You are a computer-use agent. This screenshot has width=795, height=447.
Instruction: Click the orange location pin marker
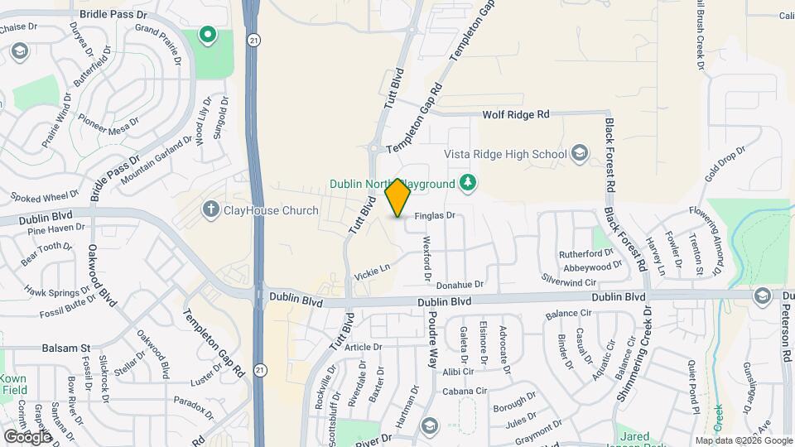398,198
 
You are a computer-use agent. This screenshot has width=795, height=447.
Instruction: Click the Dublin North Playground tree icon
468,183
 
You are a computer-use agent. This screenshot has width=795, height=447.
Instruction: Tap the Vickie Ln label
372,269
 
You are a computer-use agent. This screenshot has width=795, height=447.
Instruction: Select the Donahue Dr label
460,284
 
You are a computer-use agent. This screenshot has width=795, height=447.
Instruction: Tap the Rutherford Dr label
585,253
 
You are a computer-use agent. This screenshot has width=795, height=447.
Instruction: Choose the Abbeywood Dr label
592,267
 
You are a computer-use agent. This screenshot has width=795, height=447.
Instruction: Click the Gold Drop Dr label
725,166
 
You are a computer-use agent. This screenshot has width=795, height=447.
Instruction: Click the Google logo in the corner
27,436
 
